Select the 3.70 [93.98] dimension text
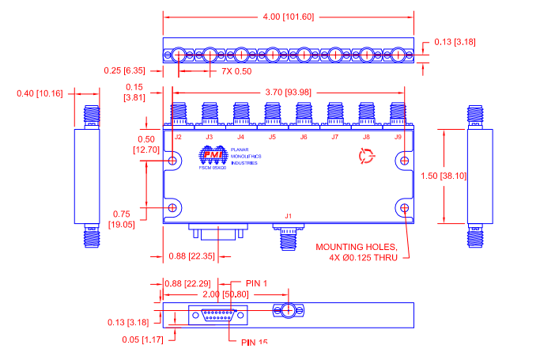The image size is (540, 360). pos(287,92)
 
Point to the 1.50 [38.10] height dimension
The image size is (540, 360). pos(470,176)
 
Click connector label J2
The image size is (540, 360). pos(178,137)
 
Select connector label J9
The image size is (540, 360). pos(398,137)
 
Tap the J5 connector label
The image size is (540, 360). pos(272,137)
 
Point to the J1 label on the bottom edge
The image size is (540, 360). pos(288,216)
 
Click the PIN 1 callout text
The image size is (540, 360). pos(257,283)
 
